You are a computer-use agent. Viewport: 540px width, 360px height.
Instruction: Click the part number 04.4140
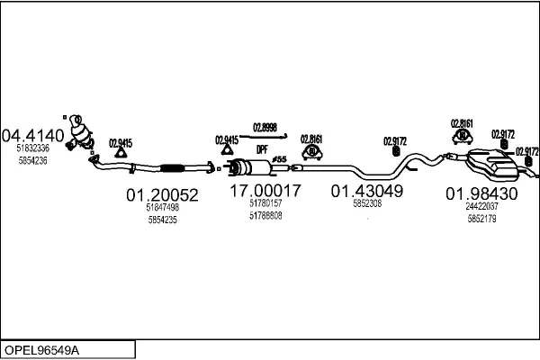[x=33, y=136]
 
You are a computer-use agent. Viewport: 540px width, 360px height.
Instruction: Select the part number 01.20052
[x=162, y=195]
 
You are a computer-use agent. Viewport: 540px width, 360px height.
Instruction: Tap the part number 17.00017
[x=265, y=191]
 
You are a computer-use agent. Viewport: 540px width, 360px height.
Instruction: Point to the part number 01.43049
[x=367, y=191]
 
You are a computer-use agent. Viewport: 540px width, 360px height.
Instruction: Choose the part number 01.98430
[x=481, y=193]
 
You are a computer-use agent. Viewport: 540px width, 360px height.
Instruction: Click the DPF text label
[x=262, y=150]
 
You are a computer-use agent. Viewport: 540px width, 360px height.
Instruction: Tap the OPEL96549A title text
[x=41, y=350]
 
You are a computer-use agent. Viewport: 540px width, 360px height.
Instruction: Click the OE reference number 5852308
[x=367, y=203]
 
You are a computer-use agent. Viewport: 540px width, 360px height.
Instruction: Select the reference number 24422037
[x=481, y=206]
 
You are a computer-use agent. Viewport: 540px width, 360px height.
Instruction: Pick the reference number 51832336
[x=33, y=148]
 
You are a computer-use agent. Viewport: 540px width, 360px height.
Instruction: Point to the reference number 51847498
[x=163, y=207]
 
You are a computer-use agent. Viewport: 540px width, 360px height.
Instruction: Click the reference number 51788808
[x=265, y=216]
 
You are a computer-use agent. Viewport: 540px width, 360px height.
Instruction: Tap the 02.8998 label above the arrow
[x=265, y=128]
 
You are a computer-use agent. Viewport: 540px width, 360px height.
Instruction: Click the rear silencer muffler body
[x=491, y=166]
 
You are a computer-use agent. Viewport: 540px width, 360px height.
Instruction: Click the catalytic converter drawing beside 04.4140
[x=81, y=133]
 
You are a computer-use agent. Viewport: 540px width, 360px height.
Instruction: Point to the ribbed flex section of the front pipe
[x=172, y=168]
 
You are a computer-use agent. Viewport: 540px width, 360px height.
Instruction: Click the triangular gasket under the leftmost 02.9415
[x=121, y=153]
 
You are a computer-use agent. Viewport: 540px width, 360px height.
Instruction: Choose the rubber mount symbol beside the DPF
[x=312, y=153]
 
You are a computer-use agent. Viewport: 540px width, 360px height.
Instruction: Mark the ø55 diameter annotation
[x=279, y=159]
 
